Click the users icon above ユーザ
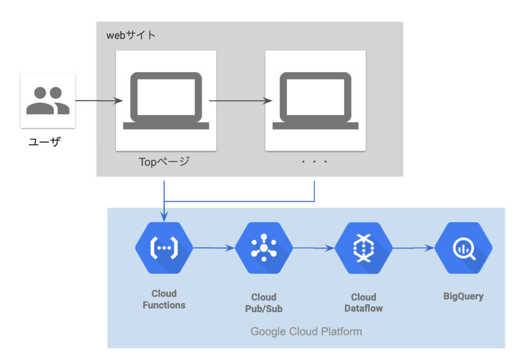48,101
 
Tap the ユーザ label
44,141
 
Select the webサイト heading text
131,36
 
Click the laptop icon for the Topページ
166,100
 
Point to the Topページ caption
164,162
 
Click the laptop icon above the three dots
315,100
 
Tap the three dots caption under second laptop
315,162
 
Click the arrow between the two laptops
241,101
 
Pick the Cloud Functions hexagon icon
164,247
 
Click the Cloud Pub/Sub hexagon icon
264,247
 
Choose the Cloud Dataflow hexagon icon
364,247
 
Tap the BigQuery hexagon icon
463,247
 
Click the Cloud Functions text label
164,299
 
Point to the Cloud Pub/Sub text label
264,303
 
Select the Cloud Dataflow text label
364,303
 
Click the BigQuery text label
463,296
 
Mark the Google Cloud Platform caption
306,332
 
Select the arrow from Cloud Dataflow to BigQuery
413,247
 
